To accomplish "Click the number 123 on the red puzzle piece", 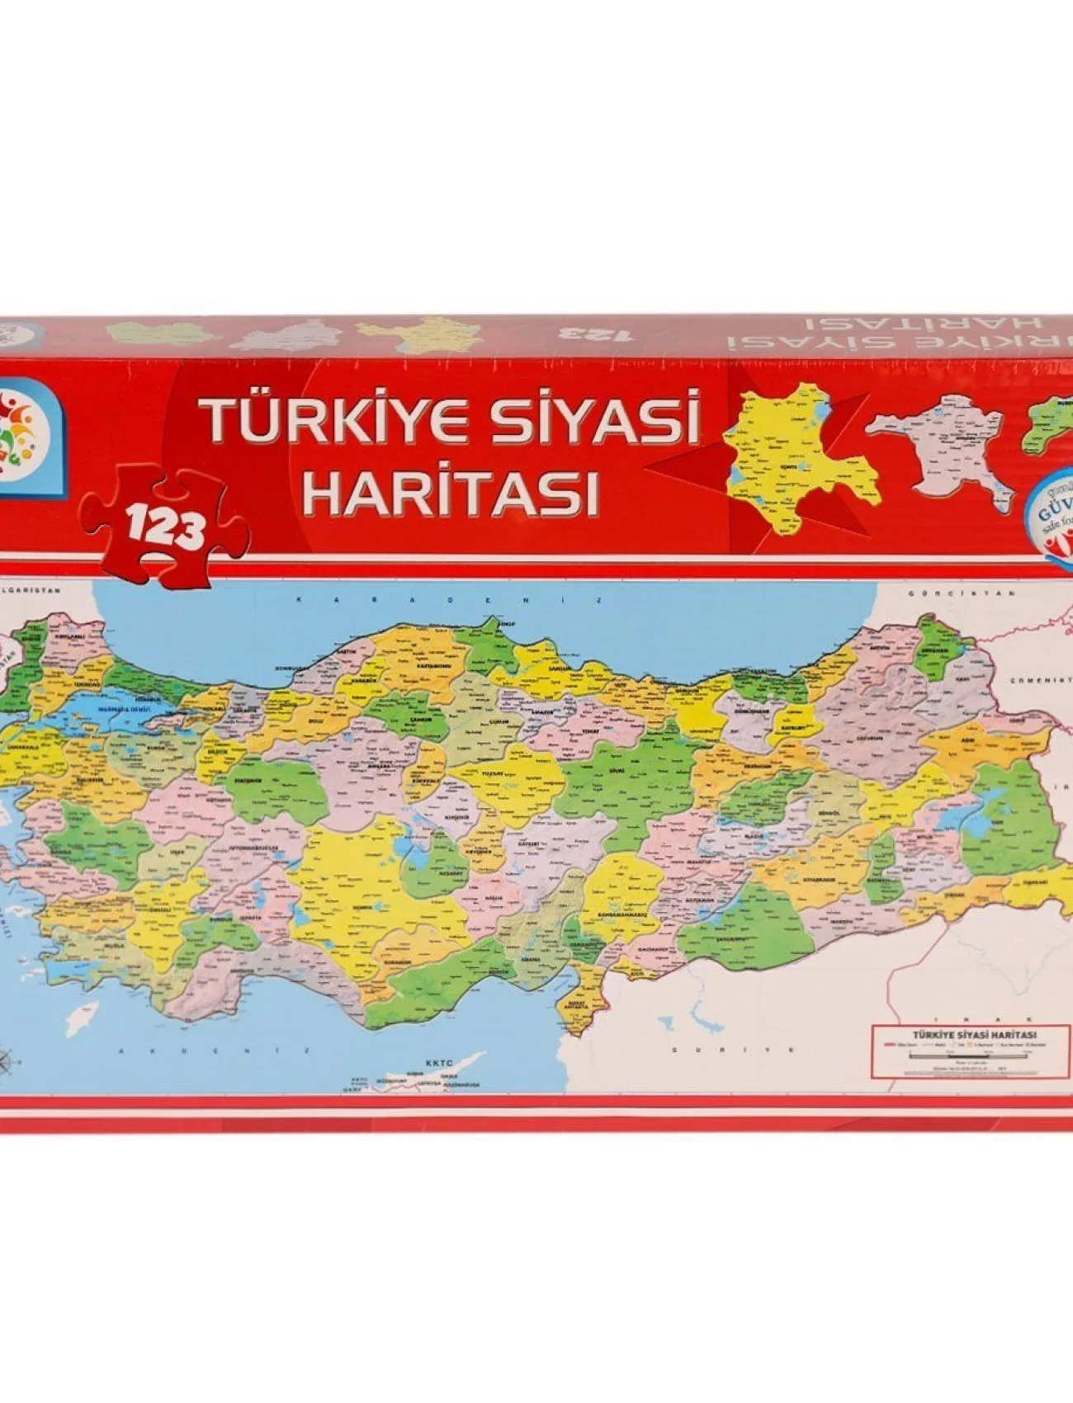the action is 165,526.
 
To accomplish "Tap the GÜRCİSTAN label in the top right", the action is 960,594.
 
